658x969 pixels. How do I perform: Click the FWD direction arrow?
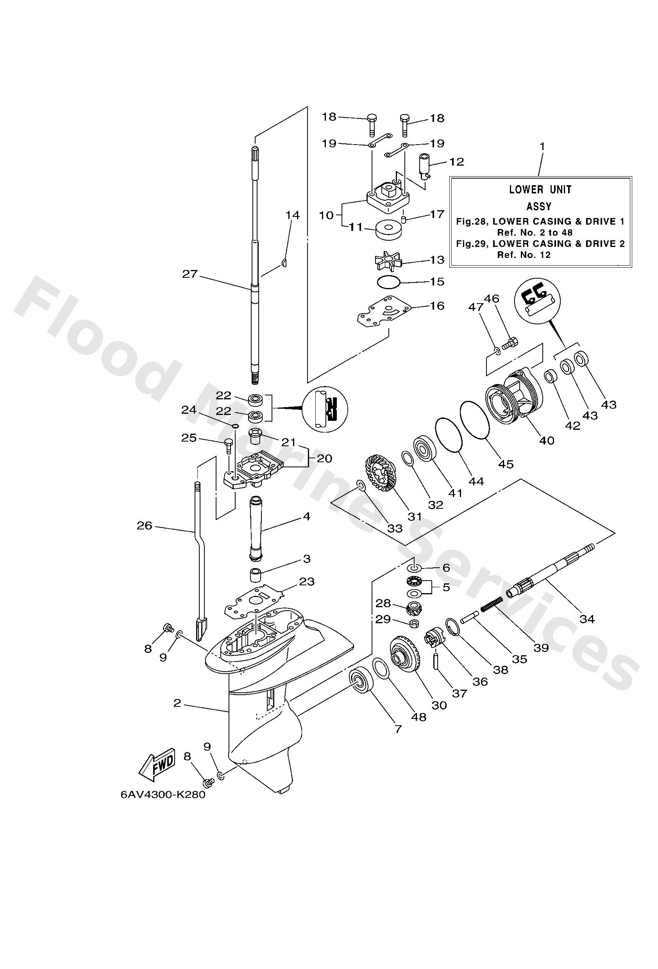[157, 765]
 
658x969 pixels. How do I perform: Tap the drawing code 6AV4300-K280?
[163, 795]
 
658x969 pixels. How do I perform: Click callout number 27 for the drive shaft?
[190, 274]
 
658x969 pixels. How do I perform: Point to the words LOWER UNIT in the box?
[540, 190]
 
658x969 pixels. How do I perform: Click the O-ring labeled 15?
[388, 282]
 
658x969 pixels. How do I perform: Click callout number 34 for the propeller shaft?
[587, 619]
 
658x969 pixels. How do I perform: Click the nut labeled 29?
[415, 624]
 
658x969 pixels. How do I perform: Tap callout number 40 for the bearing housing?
[547, 440]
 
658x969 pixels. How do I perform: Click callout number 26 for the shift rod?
[144, 526]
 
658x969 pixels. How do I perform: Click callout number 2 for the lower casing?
[177, 703]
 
